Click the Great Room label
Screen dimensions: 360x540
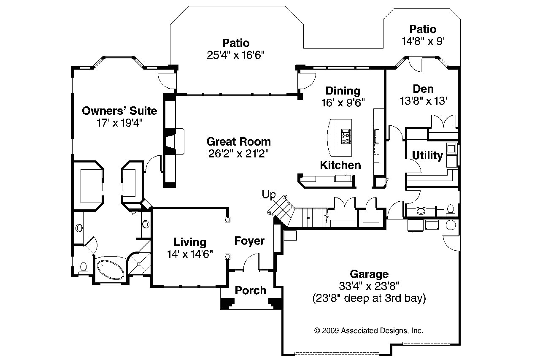click(x=238, y=142)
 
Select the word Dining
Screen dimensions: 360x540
click(x=343, y=91)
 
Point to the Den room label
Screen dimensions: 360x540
click(x=423, y=89)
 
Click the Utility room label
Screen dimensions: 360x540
click(x=427, y=156)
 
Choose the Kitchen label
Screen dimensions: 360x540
click(x=340, y=165)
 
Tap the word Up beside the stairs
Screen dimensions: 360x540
click(x=268, y=195)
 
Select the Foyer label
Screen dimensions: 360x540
click(x=249, y=241)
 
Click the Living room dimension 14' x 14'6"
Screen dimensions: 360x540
click(x=189, y=254)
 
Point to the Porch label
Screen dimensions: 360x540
click(x=251, y=290)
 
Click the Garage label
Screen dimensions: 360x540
click(x=369, y=274)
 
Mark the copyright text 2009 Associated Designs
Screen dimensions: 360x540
click(x=369, y=330)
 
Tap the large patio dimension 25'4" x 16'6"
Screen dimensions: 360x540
click(x=236, y=55)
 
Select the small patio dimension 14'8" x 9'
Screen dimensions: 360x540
click(x=423, y=41)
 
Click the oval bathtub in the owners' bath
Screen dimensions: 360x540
click(x=111, y=268)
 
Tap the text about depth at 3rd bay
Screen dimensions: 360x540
click(x=369, y=298)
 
